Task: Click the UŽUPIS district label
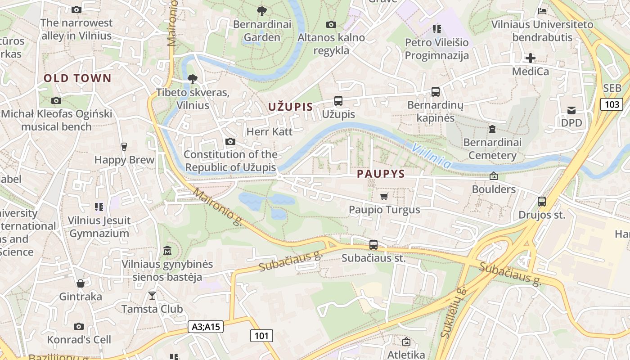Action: [x=290, y=107]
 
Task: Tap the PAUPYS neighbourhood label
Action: [x=381, y=174]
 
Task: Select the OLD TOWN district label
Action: [x=77, y=78]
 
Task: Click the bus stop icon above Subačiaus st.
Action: [x=373, y=245]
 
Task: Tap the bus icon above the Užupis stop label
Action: [x=338, y=101]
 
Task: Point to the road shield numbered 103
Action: [x=612, y=105]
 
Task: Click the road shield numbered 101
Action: [x=261, y=336]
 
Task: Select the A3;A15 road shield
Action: [x=206, y=327]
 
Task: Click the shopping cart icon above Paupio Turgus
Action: [x=384, y=196]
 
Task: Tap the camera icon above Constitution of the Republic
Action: [x=230, y=142]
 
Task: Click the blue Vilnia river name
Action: [x=431, y=156]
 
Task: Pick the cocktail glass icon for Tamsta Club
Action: [x=152, y=296]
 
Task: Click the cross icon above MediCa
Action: [x=531, y=58]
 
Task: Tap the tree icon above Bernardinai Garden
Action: [x=261, y=11]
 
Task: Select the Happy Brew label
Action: [x=124, y=160]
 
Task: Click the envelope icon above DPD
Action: [x=571, y=110]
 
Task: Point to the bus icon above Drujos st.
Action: [x=542, y=202]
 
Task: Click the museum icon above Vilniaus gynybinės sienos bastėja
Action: [x=167, y=250]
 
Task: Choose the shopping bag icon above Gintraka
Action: [x=81, y=283]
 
